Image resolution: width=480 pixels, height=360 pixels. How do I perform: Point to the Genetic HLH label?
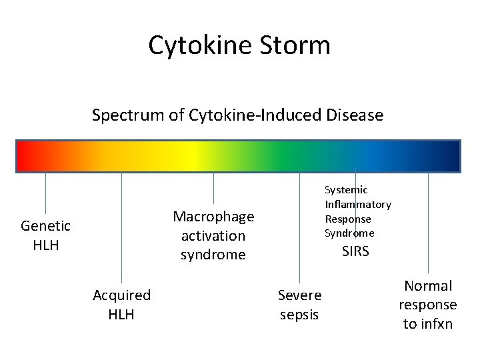(x=45, y=235)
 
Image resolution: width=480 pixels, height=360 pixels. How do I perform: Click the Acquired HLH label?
(x=121, y=304)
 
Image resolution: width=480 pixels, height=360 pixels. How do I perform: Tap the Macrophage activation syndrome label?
(x=213, y=235)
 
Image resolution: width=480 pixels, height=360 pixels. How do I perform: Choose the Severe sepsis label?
(x=299, y=304)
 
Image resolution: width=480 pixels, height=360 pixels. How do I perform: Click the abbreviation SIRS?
(x=355, y=251)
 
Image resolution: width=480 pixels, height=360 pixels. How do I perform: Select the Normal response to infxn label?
(x=428, y=305)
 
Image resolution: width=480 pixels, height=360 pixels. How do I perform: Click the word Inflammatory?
(x=358, y=205)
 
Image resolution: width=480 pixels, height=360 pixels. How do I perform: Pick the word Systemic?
(x=346, y=190)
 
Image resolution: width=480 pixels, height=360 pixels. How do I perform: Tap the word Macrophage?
(x=213, y=217)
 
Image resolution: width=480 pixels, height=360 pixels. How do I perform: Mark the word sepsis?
(x=299, y=314)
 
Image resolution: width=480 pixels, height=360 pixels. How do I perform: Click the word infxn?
(x=428, y=324)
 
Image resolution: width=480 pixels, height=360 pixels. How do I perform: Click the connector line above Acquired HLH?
(x=122, y=227)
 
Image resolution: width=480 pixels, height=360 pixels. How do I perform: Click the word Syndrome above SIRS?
(x=349, y=233)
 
